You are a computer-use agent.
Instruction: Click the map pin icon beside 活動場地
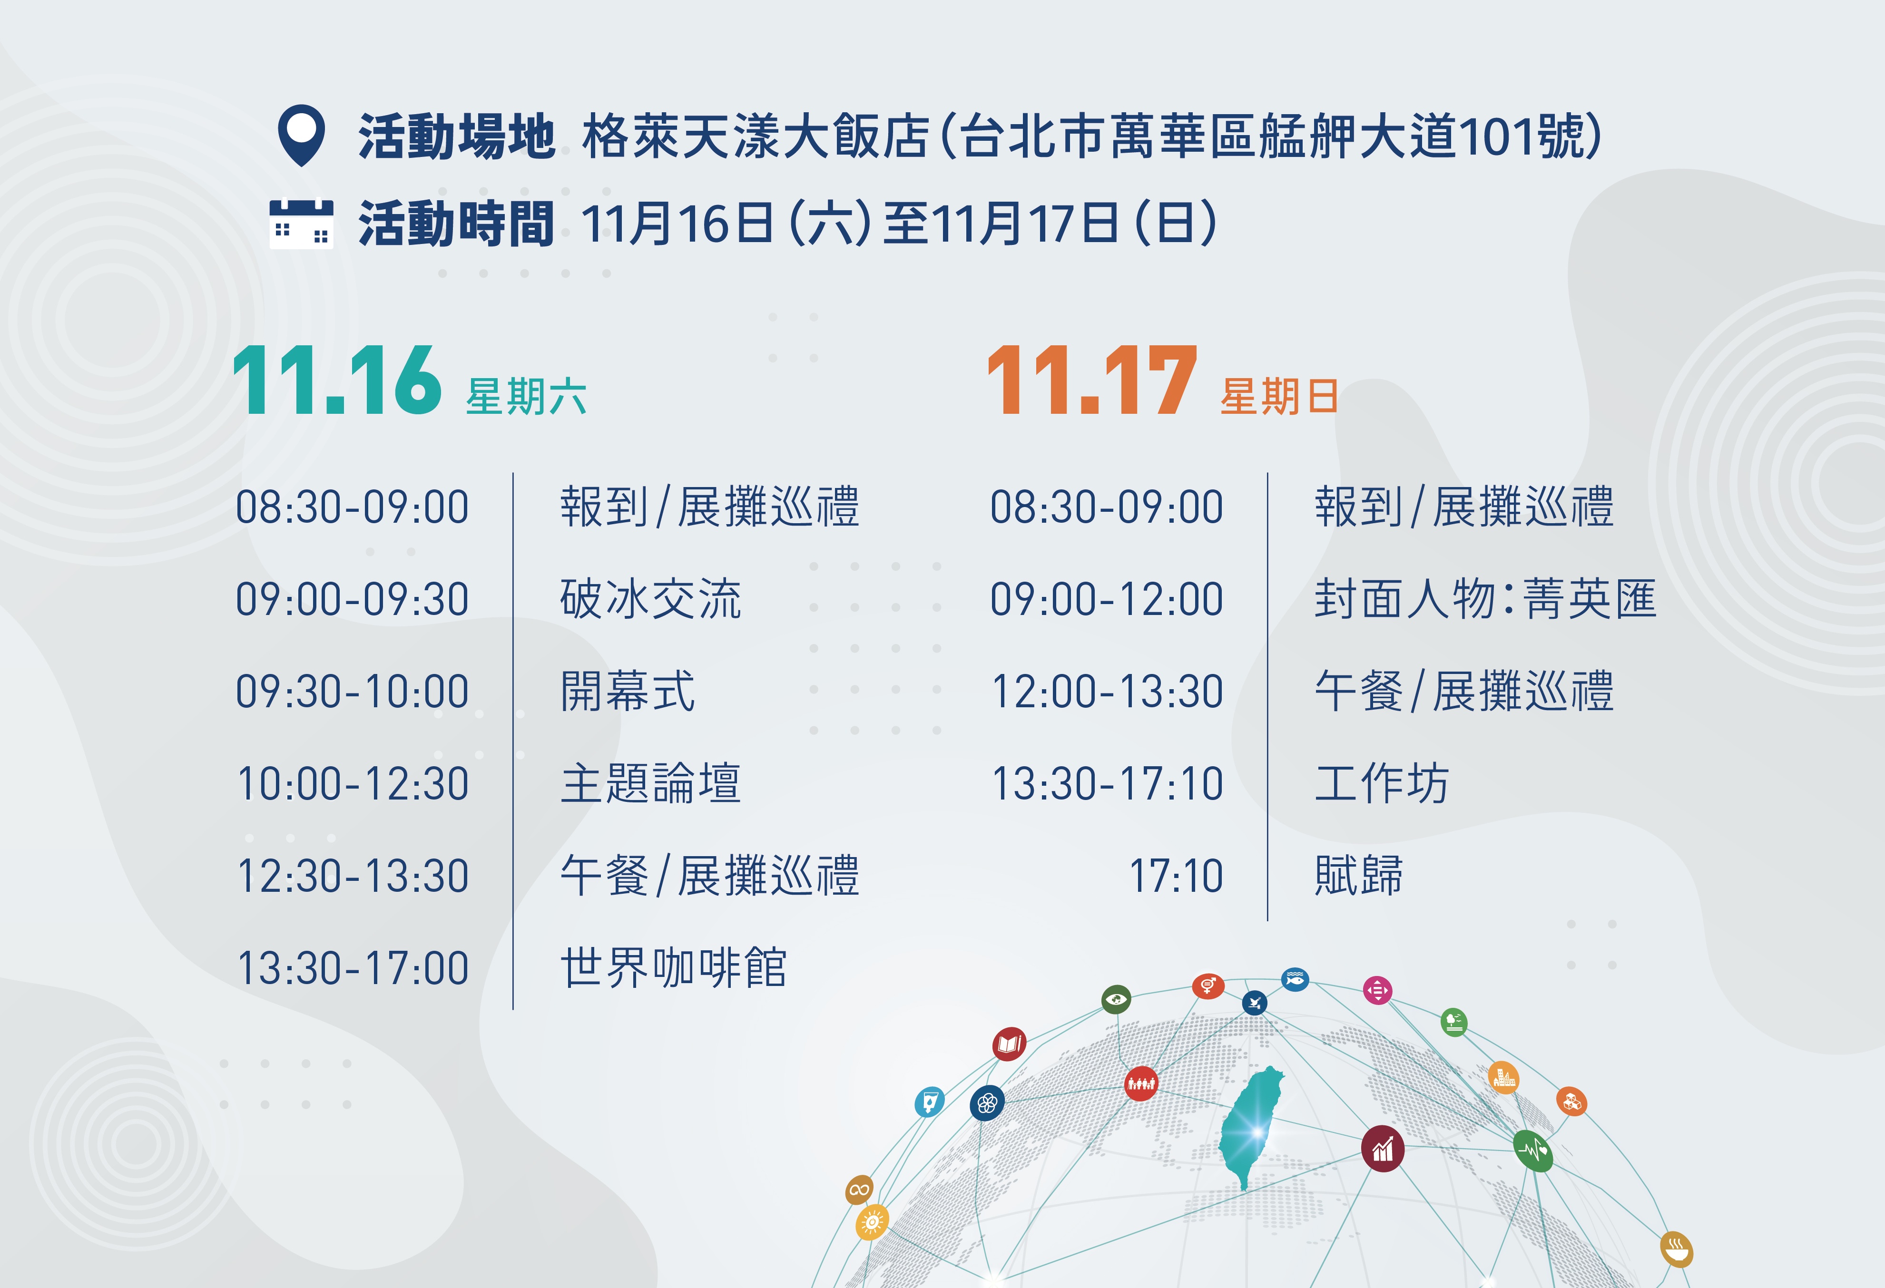tap(301, 135)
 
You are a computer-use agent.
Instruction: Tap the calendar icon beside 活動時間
tap(301, 224)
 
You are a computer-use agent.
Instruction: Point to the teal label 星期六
tap(526, 397)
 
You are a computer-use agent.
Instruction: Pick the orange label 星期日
tap(1279, 397)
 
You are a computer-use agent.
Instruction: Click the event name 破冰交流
tap(650, 599)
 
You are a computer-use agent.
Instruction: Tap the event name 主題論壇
tap(650, 783)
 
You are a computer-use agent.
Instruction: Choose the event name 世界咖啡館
tap(673, 967)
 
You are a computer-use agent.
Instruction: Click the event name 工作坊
tap(1381, 783)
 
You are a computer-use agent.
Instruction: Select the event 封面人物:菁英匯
tap(1485, 599)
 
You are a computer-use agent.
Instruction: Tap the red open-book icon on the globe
tap(1009, 1044)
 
